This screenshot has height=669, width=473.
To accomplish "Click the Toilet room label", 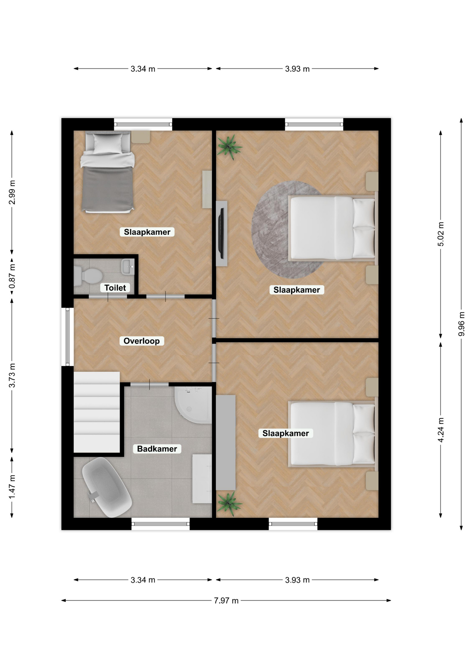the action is (115, 288).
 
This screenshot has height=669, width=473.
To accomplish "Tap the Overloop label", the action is (141, 341).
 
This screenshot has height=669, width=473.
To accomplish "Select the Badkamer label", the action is (157, 449).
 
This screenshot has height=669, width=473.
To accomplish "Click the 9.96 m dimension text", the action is (461, 324).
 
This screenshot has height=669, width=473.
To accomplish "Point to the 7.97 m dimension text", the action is (226, 601).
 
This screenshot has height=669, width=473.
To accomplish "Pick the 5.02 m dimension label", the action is (441, 234).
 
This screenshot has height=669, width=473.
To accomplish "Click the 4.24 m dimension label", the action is (441, 430).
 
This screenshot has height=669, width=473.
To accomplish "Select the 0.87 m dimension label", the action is (12, 276).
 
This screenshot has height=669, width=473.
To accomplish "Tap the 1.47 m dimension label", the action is (12, 486).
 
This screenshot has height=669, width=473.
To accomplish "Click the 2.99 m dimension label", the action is (12, 192).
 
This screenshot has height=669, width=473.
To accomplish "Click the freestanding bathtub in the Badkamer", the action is (106, 487).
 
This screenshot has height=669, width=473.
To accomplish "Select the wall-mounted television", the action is (221, 233).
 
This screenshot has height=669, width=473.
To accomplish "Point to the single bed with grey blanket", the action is (108, 172).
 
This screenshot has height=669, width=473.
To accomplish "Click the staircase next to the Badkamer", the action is (96, 412).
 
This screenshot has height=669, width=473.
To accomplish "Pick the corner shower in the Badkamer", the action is (193, 405).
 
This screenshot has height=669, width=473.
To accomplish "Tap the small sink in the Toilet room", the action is (128, 267).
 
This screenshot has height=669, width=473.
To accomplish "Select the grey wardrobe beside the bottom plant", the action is (226, 443).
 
